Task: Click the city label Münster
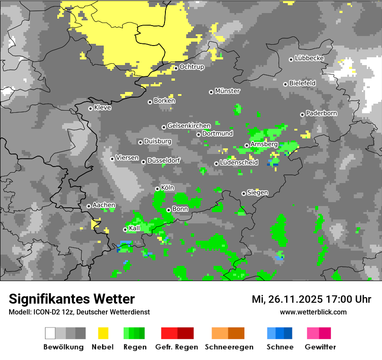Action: click(227, 91)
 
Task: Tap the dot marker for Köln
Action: click(158, 189)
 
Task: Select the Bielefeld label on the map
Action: click(302, 83)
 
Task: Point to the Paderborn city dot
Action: click(302, 115)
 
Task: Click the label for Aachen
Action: click(104, 205)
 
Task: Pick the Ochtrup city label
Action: click(191, 67)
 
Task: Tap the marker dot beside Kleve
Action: click(90, 108)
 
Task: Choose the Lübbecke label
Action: click(309, 58)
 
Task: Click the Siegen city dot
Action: click(244, 193)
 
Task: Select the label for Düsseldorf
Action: click(163, 160)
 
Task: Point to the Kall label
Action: click(135, 228)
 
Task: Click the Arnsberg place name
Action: click(264, 144)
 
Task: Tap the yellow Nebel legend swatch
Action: click(103, 333)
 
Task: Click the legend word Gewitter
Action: click(320, 347)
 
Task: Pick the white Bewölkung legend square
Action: click(50, 333)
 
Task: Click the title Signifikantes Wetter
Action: click(72, 299)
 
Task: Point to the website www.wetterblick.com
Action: click(313, 312)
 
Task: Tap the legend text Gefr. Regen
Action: click(177, 347)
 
